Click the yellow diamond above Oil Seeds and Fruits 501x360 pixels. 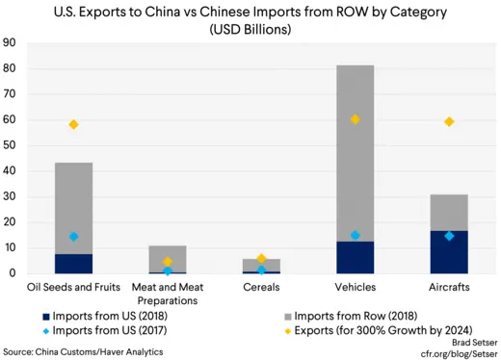[73, 124]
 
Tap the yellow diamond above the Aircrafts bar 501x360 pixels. [449, 121]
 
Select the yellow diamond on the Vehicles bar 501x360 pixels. [356, 119]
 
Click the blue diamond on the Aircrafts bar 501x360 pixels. [449, 236]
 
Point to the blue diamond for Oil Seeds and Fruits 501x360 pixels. [73, 237]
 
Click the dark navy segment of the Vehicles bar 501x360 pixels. [356, 258]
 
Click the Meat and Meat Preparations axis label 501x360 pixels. [167, 292]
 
